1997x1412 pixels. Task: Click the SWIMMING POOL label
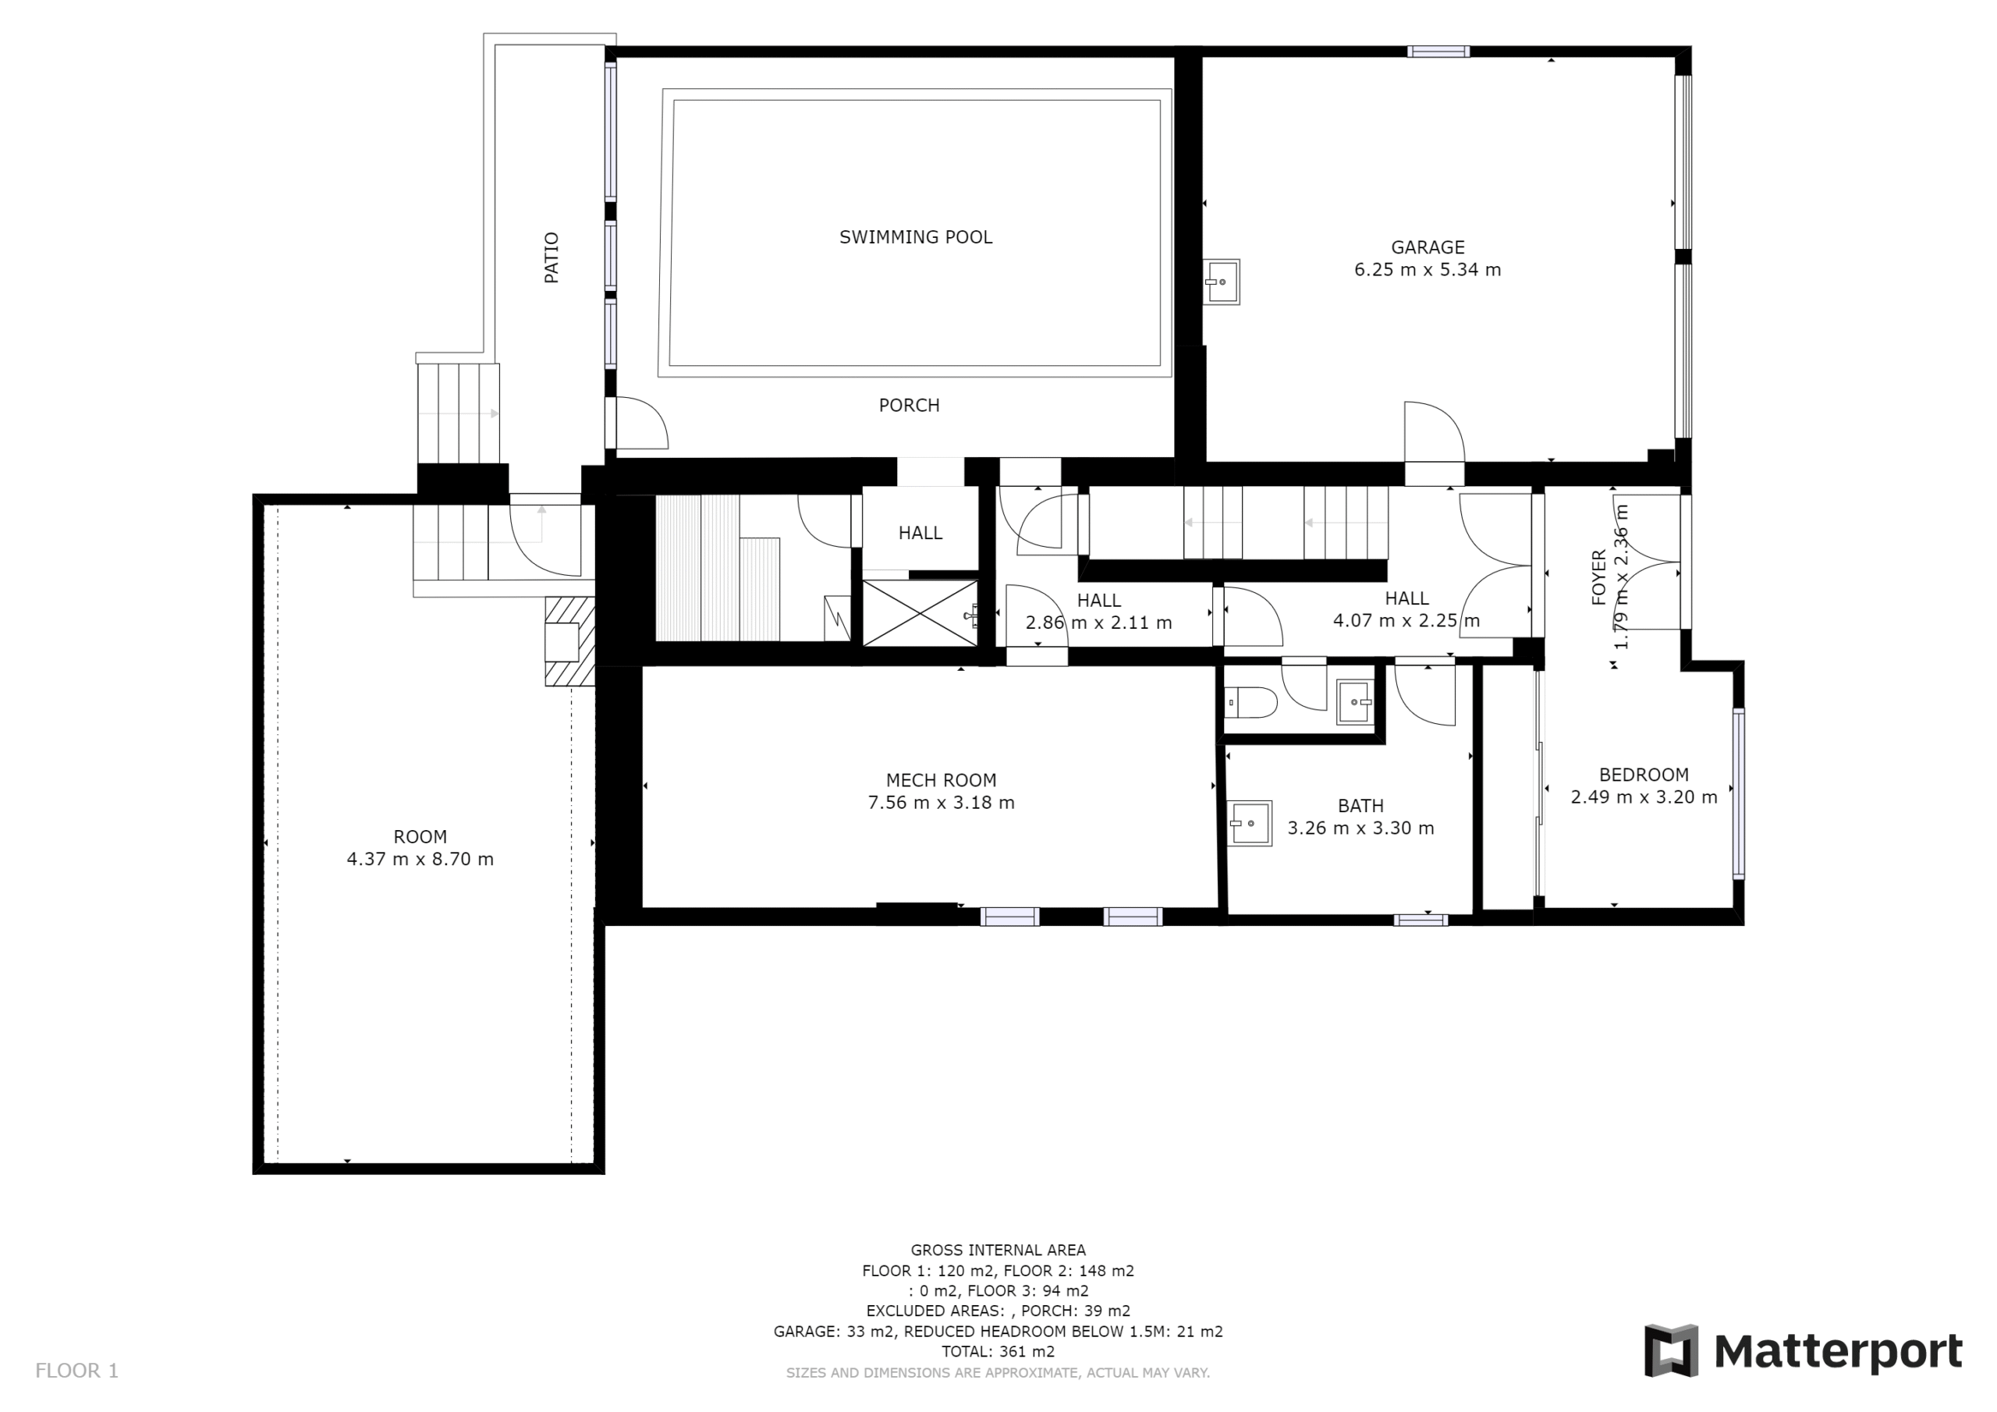coord(915,236)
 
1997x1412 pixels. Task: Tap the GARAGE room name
coord(1428,247)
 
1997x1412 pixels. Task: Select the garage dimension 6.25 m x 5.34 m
coord(1428,270)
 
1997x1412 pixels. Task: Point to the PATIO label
coord(552,257)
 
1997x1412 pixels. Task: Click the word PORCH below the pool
coord(909,406)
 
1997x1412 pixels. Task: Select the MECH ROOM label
coord(941,780)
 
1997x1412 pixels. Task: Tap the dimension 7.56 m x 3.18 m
coord(941,803)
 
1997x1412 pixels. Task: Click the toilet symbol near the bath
coord(1250,701)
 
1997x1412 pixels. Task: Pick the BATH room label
coord(1360,807)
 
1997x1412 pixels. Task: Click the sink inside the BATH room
coord(1250,823)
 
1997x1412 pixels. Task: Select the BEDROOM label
coord(1644,775)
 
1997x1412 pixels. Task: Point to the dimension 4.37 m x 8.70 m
coord(420,860)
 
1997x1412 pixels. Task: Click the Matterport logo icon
coord(1671,1351)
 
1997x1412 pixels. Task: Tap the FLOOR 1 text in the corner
coord(76,1371)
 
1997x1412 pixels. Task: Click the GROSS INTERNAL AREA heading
coord(998,1251)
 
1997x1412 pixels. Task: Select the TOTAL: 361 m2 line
coord(998,1352)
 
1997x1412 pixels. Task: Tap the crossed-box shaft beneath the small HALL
coord(920,613)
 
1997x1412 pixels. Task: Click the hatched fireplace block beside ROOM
coord(569,641)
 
